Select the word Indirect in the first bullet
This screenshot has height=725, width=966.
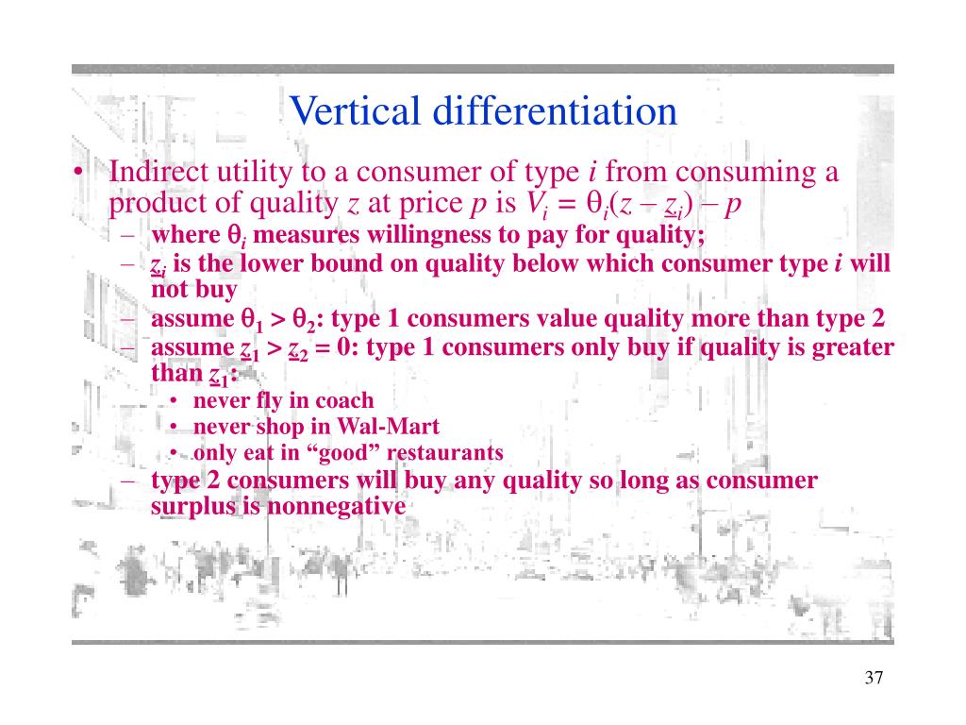coord(151,173)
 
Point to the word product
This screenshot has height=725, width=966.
coord(149,203)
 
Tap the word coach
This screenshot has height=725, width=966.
coord(344,400)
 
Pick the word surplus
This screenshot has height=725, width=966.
coord(188,506)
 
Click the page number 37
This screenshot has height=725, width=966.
coord(873,678)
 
